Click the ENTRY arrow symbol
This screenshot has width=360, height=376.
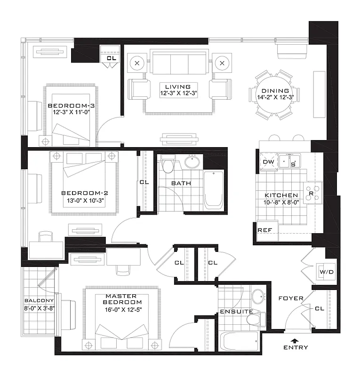(x=295, y=340)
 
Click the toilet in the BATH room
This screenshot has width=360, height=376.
(x=166, y=166)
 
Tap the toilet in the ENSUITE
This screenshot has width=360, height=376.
(x=254, y=320)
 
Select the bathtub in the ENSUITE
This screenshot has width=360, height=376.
(x=238, y=343)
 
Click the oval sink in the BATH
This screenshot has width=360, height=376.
(x=192, y=162)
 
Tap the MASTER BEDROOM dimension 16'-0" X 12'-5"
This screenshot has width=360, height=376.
(x=123, y=309)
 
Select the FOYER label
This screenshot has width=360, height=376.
(x=291, y=298)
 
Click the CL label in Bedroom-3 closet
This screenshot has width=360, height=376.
(x=111, y=58)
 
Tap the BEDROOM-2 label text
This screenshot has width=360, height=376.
(x=81, y=193)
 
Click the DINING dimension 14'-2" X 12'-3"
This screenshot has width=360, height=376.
(x=275, y=98)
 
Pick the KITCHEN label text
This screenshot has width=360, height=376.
(x=281, y=195)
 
